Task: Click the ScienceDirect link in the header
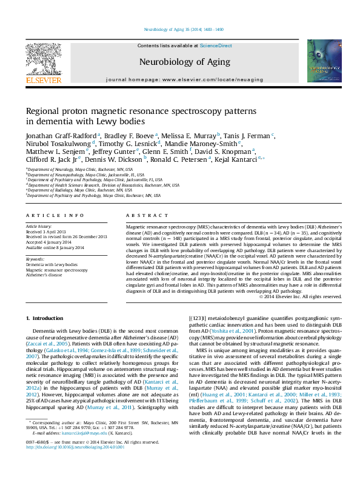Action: tap(216, 46)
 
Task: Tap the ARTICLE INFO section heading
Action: tap(55, 216)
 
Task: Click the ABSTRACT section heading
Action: tap(142, 216)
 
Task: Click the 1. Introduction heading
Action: tap(47, 318)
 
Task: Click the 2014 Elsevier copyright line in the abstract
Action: tap(300, 296)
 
